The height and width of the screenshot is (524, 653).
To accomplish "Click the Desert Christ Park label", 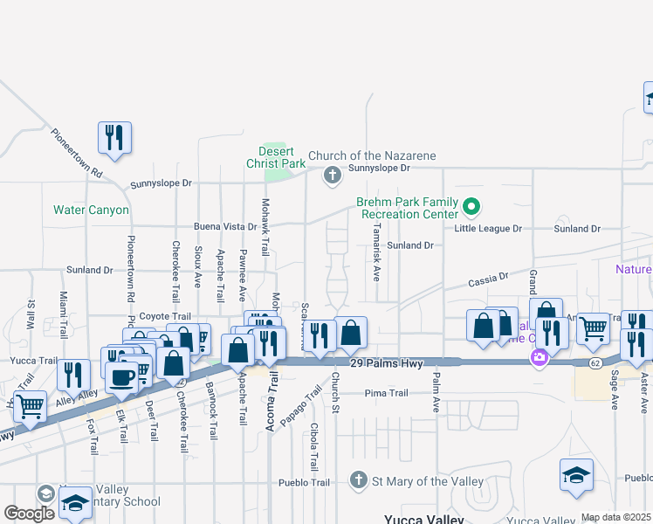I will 276,157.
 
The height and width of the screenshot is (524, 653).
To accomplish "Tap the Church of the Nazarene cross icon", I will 332,176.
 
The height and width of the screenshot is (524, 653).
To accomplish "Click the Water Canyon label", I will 91,210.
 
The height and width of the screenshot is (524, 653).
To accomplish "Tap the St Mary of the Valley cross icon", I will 358,480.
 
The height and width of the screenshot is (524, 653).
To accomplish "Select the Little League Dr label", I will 487,229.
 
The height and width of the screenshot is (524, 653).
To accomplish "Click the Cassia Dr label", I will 488,280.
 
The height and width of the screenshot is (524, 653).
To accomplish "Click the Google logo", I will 29,514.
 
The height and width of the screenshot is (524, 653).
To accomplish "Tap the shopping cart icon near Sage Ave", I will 593,329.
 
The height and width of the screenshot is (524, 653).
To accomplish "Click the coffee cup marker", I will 120,378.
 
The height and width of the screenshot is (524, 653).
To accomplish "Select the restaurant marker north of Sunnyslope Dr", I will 114,137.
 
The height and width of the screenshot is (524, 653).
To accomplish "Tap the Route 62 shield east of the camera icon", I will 595,362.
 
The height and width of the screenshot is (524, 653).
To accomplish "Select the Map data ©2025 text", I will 615,517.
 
